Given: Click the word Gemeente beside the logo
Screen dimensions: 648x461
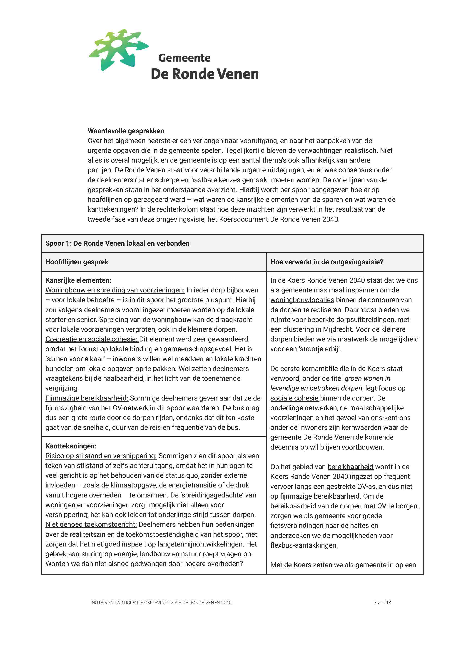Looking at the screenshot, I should click(184, 58).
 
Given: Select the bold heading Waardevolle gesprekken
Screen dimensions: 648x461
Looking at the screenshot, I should click(126, 131).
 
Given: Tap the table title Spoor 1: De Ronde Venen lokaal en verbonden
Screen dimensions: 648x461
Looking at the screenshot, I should click(117, 243).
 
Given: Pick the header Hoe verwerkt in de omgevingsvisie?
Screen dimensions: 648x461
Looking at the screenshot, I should click(326, 262).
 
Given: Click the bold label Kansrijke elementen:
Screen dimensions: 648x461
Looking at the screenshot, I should click(78, 280).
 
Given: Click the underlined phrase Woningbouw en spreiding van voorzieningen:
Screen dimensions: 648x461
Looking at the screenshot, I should click(115, 290).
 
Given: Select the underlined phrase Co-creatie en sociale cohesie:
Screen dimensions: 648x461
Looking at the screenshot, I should click(92, 339).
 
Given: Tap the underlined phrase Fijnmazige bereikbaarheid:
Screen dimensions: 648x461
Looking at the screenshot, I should click(87, 398).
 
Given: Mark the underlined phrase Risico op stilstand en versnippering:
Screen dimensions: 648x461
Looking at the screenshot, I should click(101, 456).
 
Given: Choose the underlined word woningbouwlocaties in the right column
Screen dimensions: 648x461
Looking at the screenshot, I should click(302, 300).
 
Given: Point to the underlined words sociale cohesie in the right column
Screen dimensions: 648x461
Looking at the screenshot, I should click(294, 398).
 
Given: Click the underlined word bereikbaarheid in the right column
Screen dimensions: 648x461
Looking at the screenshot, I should click(350, 467).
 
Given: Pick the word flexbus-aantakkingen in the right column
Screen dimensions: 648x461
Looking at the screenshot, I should click(304, 545).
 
